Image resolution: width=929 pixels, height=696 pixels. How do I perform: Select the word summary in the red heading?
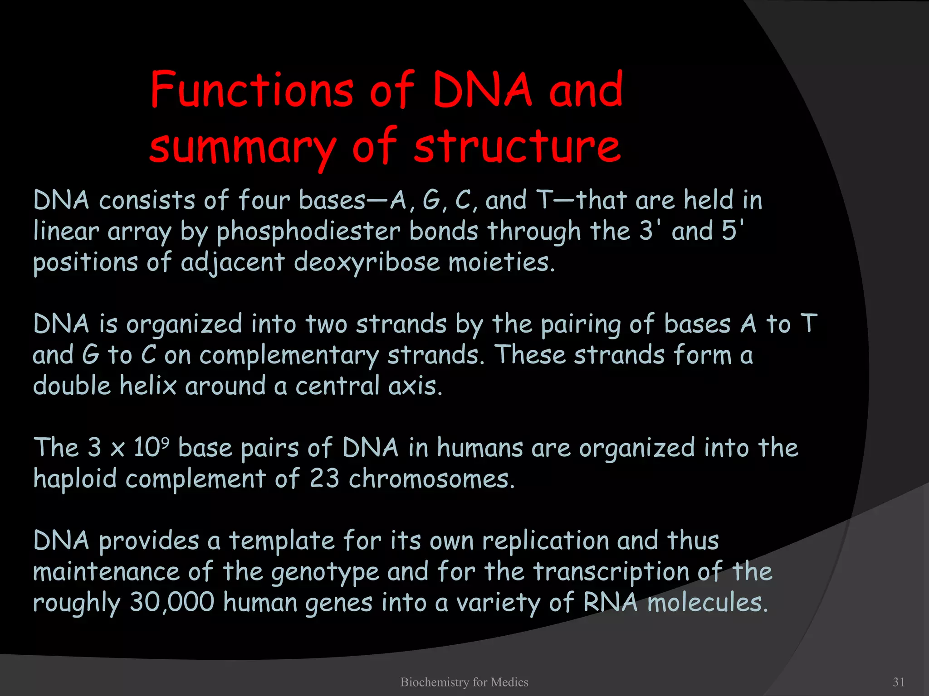coord(243,147)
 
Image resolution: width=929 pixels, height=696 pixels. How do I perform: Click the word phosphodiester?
coord(308,232)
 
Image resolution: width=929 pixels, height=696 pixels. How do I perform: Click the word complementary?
coord(289,355)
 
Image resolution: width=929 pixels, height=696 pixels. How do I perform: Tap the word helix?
coord(148,386)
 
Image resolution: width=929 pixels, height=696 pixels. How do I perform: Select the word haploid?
coord(75,479)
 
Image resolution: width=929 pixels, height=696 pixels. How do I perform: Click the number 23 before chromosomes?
coord(324,479)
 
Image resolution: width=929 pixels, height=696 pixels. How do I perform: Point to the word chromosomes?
coord(431,479)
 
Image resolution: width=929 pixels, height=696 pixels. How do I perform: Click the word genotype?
coord(325,573)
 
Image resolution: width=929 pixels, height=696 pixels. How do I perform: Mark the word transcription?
coord(611,572)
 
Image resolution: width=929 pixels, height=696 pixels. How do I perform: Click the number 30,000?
coord(172,603)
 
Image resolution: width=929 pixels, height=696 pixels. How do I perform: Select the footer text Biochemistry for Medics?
coord(464,682)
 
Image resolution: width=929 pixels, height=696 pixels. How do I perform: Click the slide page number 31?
coord(899,682)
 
